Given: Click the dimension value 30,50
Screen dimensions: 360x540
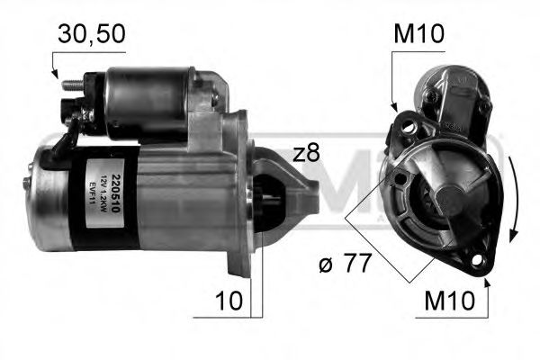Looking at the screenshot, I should tap(89, 35).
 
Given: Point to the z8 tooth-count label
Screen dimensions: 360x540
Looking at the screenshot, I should tap(306, 153).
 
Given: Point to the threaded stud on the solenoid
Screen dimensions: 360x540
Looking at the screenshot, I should tap(71, 86).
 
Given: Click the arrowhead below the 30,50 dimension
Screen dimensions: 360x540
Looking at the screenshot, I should tap(54, 79).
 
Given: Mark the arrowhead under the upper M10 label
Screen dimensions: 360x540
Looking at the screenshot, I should tap(393, 109).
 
